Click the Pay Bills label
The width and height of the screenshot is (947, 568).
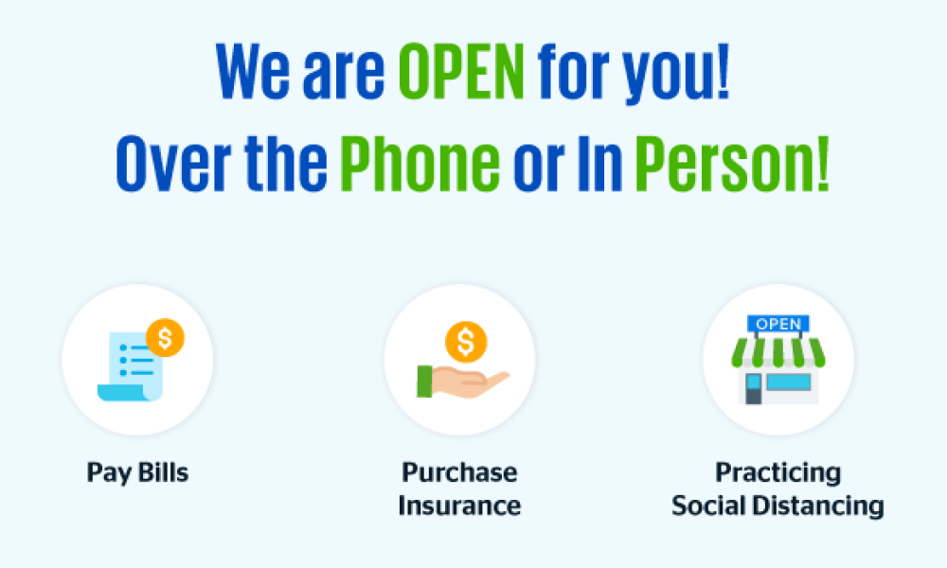(x=137, y=472)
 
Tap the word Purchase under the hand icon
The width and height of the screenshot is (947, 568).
(x=459, y=472)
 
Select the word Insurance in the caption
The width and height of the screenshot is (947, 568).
(x=459, y=505)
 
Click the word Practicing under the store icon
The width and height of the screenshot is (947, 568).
(x=777, y=472)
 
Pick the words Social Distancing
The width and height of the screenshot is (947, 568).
(x=777, y=505)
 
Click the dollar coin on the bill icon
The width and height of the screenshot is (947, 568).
(x=165, y=338)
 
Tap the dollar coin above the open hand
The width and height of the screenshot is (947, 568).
(x=466, y=341)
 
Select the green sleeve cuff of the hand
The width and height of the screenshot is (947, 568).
(x=423, y=381)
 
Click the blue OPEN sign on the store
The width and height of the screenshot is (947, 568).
(x=778, y=324)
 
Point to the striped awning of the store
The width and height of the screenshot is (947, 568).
(x=778, y=352)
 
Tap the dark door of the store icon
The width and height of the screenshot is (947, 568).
(x=754, y=388)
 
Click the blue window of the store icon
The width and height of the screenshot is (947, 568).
(x=789, y=382)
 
